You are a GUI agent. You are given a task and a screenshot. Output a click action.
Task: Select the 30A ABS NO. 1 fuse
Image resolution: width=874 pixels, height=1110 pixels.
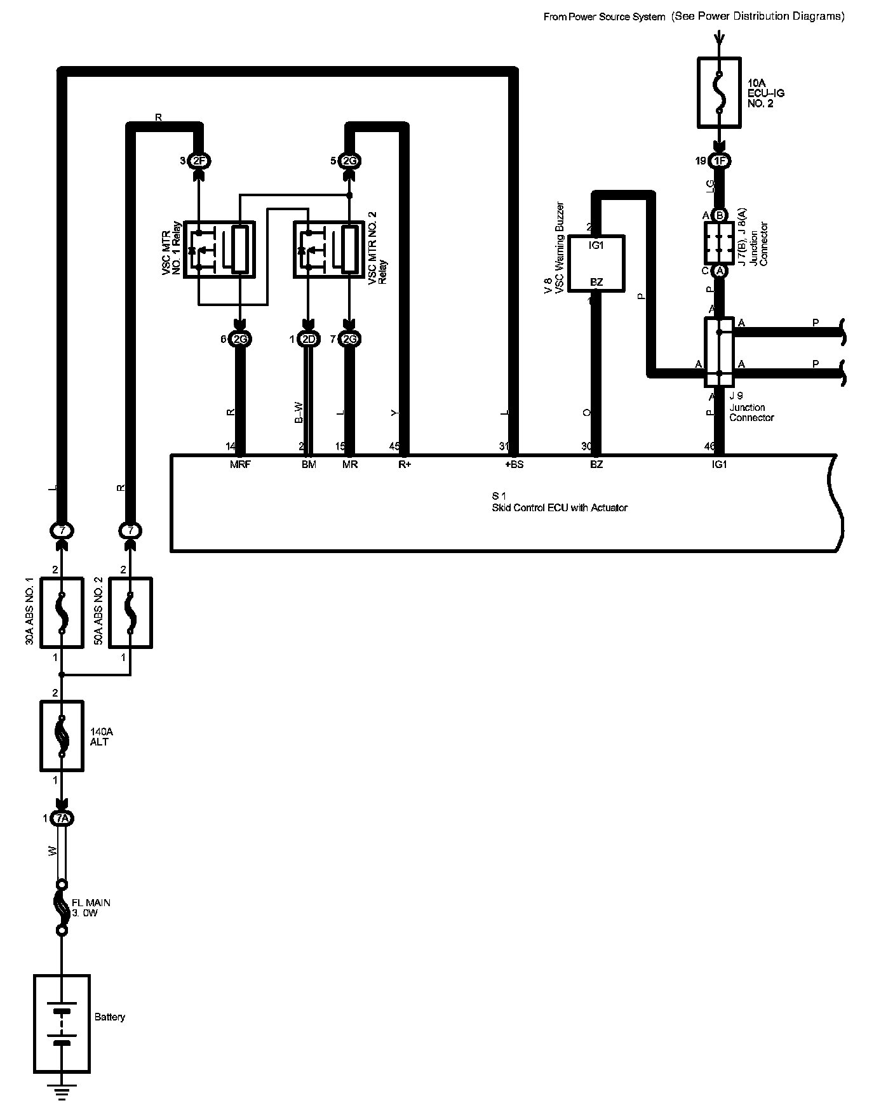(x=62, y=612)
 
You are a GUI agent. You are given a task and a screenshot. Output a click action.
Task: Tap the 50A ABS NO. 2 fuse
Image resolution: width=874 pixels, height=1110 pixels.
(x=130, y=612)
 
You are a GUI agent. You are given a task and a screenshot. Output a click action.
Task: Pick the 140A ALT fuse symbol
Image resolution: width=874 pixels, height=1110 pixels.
(x=62, y=736)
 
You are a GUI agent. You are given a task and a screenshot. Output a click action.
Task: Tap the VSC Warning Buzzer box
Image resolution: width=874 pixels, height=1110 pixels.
(x=596, y=264)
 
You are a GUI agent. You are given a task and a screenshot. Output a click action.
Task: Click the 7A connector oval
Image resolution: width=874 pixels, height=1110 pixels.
(x=62, y=819)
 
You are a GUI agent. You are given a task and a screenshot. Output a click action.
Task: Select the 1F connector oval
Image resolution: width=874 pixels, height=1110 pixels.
(x=719, y=161)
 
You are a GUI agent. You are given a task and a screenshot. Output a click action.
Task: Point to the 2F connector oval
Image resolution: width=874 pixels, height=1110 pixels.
(x=199, y=161)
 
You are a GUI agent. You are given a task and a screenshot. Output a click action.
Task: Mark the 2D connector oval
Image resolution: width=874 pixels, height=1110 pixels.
(x=309, y=340)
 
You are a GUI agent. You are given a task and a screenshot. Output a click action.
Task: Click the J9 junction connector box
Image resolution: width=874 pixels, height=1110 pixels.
(x=719, y=352)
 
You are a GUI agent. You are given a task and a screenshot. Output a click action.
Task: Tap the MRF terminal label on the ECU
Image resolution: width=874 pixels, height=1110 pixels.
(x=240, y=465)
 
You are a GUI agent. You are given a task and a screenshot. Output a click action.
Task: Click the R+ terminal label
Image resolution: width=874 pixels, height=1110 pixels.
(x=405, y=465)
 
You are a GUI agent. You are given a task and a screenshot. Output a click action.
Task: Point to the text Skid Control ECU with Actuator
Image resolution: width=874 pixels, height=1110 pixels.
(x=559, y=508)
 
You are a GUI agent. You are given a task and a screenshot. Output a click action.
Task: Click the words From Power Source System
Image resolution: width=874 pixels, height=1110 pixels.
(x=603, y=17)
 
